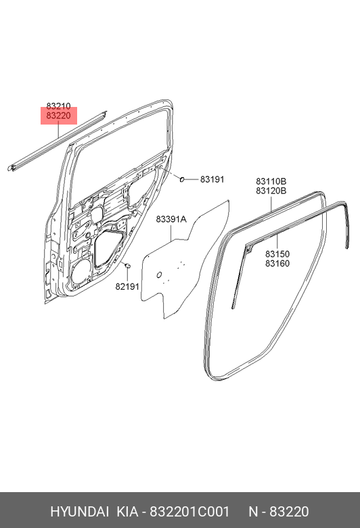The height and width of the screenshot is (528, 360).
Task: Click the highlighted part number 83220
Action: coord(59,116)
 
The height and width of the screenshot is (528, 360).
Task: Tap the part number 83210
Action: coord(59,106)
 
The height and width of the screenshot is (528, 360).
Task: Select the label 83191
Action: coord(212,179)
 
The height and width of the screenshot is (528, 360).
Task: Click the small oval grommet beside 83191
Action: coord(182,179)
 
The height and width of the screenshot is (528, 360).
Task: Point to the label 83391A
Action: coord(171,219)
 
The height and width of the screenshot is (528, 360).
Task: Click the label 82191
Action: coord(127,286)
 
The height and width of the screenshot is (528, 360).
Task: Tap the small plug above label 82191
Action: coord(128,266)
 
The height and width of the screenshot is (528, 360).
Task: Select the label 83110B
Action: coord(271,182)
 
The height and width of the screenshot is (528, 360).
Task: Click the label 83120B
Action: coord(271,191)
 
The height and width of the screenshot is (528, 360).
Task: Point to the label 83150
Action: coord(277,255)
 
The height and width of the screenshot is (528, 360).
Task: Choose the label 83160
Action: coord(277,263)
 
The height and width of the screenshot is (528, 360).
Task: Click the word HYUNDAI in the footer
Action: coord(79,512)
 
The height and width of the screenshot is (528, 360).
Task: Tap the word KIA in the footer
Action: coord(127,512)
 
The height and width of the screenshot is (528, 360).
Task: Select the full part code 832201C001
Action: coord(189,512)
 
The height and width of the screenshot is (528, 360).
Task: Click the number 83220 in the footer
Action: coord(289,512)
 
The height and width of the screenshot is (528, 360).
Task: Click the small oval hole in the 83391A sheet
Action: coord(159,275)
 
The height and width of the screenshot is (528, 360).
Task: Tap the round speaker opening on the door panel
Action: coord(81,272)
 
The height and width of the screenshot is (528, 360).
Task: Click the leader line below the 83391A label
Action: coord(171,232)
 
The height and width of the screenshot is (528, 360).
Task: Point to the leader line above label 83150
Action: coord(277,240)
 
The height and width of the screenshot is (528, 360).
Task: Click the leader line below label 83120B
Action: coord(271,203)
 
